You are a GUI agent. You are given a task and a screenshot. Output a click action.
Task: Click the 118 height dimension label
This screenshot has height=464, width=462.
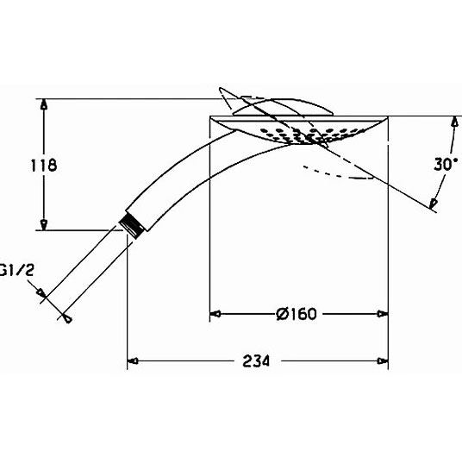[x=44, y=165]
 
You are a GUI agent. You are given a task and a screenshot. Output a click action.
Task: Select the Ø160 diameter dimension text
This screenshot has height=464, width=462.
[x=296, y=314]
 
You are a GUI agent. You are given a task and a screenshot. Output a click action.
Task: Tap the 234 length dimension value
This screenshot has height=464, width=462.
[x=256, y=361]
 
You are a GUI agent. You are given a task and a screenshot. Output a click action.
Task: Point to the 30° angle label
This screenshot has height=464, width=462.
[x=446, y=164]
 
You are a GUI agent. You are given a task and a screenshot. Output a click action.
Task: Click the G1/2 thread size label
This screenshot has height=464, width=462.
[x=17, y=270]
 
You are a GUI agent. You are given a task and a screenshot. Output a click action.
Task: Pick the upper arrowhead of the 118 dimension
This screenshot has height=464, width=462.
[x=44, y=104]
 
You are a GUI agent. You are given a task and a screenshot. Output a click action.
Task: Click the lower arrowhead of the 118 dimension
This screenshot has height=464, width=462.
[x=44, y=224]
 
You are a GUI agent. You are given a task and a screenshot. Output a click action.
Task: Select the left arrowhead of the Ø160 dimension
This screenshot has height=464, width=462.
[x=215, y=314]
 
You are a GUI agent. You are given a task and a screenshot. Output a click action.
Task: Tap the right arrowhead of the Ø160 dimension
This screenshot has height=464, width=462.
[x=383, y=314]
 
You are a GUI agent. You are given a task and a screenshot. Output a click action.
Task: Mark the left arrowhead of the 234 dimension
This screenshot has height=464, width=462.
[x=133, y=361]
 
